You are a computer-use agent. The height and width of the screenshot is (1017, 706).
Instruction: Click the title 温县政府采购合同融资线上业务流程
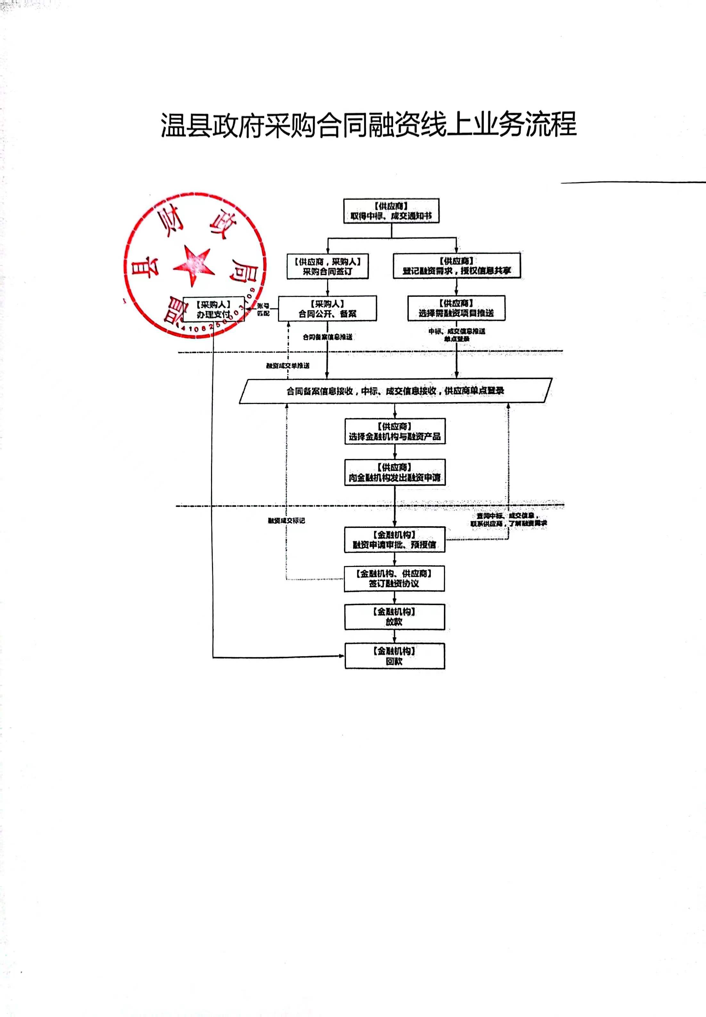(368, 125)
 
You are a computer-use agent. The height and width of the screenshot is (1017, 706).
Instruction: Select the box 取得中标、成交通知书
(391, 211)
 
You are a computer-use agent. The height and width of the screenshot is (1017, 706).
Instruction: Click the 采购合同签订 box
(327, 267)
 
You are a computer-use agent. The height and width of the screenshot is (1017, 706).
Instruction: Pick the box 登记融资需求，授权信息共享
(456, 266)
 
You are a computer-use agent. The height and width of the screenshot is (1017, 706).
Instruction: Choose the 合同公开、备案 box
(327, 309)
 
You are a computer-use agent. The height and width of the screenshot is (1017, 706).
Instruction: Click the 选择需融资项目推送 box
(456, 308)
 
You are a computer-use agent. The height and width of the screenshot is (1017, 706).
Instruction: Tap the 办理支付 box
(213, 309)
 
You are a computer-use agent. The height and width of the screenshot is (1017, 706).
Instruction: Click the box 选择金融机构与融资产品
(395, 432)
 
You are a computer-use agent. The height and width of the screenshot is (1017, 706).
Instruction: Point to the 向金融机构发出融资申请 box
(395, 473)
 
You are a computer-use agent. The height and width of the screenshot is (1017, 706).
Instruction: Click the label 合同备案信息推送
(327, 337)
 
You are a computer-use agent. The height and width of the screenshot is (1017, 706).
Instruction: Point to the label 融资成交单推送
(288, 366)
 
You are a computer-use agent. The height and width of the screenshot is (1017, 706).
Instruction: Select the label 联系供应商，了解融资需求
(508, 524)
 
